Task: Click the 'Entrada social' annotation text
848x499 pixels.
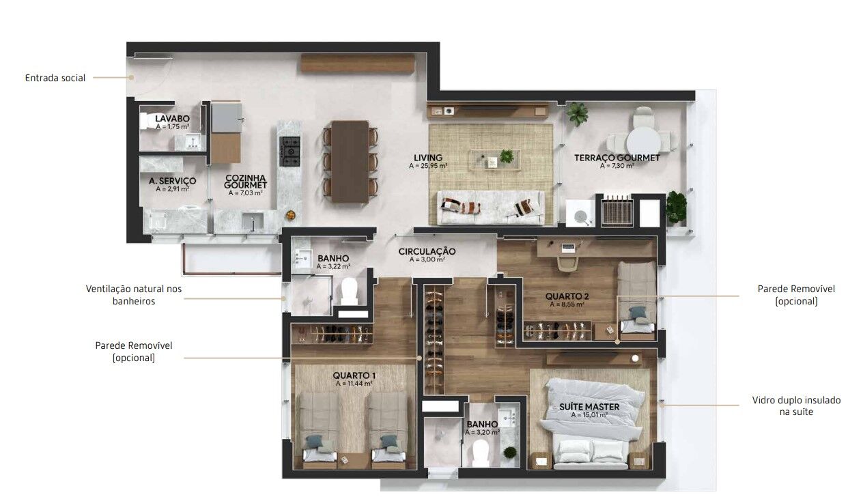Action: (x=55, y=78)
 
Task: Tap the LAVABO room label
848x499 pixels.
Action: (x=172, y=119)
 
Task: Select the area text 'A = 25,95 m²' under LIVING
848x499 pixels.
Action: (x=428, y=166)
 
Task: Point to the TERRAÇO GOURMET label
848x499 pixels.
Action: (x=617, y=158)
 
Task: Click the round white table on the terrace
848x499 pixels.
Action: (x=643, y=140)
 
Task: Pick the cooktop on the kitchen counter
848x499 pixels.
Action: (x=289, y=152)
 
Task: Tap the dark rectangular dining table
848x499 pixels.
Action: (x=350, y=162)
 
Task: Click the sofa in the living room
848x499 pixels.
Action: (x=491, y=208)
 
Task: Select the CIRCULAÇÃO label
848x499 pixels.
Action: (x=427, y=251)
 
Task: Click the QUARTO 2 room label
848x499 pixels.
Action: (x=567, y=296)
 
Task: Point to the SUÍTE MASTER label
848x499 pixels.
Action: (x=589, y=407)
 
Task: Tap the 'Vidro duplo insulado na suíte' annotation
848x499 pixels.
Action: (x=796, y=406)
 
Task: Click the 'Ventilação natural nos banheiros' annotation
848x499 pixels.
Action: (x=134, y=295)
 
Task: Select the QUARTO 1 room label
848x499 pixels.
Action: (x=354, y=375)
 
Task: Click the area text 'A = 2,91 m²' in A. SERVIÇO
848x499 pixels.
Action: (x=173, y=188)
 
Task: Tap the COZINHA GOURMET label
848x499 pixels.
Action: (x=245, y=182)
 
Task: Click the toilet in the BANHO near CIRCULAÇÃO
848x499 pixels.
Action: (x=350, y=291)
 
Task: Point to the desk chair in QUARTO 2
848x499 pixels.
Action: (x=567, y=263)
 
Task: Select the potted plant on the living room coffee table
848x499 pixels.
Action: (x=507, y=156)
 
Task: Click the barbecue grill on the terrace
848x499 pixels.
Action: (x=617, y=210)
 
